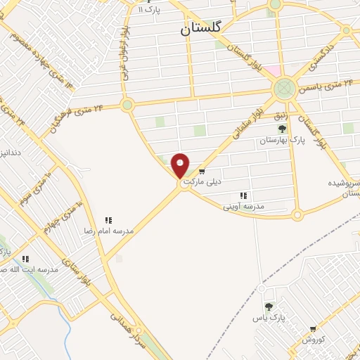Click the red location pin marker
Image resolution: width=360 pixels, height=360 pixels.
coord(181,165)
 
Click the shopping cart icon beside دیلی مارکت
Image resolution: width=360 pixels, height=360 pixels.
coord(202,171)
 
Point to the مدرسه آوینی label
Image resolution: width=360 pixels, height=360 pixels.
coord(243,206)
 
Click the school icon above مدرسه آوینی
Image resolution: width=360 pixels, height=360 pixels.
coord(243,195)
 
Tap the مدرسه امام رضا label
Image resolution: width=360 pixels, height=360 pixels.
coord(109,231)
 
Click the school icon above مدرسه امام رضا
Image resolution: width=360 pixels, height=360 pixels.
coord(108,220)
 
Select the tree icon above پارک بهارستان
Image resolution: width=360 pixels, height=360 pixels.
coord(282,129)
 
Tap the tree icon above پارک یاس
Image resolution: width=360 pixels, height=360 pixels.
coord(269,307)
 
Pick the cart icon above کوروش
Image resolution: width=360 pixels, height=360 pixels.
coord(313,328)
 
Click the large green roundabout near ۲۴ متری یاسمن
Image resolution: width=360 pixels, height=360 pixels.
coord(284,88)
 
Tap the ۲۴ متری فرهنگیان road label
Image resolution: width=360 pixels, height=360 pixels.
coord(77,117)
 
